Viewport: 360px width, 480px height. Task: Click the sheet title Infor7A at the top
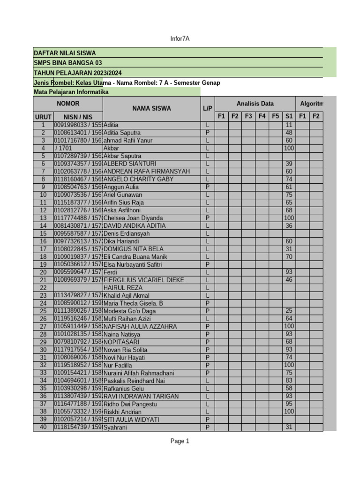[x=180, y=38]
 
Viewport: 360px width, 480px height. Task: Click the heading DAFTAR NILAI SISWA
[x=65, y=53]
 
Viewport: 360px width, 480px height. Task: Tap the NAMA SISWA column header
[x=151, y=108]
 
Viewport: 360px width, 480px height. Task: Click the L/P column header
[x=208, y=108]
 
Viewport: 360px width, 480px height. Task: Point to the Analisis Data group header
[x=255, y=104]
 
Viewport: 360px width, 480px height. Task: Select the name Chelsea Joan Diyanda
[x=133, y=218]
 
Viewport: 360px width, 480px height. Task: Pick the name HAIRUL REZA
[x=123, y=287]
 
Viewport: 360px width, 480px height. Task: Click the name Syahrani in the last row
[x=115, y=427]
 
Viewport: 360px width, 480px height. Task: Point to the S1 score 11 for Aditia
[x=289, y=125]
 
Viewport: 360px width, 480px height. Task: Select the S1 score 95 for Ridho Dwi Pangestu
[x=289, y=404]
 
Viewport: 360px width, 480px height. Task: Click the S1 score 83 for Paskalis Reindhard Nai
[x=289, y=381]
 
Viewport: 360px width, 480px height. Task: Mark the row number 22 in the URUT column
[x=43, y=287]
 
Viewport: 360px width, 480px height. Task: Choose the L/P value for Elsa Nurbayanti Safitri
[x=208, y=264]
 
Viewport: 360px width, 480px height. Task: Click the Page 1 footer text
[x=180, y=441]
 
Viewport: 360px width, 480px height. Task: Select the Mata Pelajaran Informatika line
[x=71, y=92]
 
